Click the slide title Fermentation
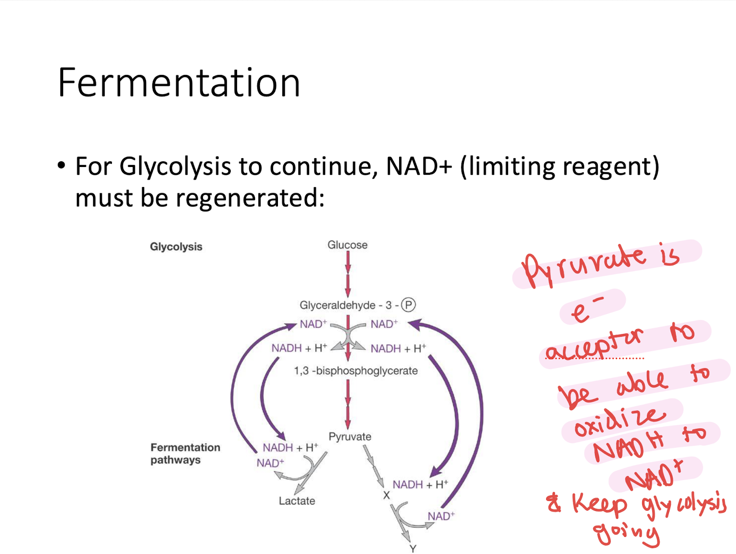click(x=179, y=83)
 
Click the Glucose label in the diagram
click(x=347, y=245)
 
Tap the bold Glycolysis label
click(x=176, y=247)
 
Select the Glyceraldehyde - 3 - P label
click(x=357, y=305)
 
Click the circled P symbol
click(x=408, y=305)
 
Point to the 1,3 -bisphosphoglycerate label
click(x=356, y=371)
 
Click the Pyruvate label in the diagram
click(x=350, y=437)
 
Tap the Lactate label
click(x=297, y=501)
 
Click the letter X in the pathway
click(x=386, y=496)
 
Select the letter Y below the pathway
click(x=413, y=549)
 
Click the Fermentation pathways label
click(x=185, y=454)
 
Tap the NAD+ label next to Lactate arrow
click(x=270, y=463)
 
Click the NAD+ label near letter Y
click(x=441, y=517)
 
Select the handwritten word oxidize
click(x=619, y=422)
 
